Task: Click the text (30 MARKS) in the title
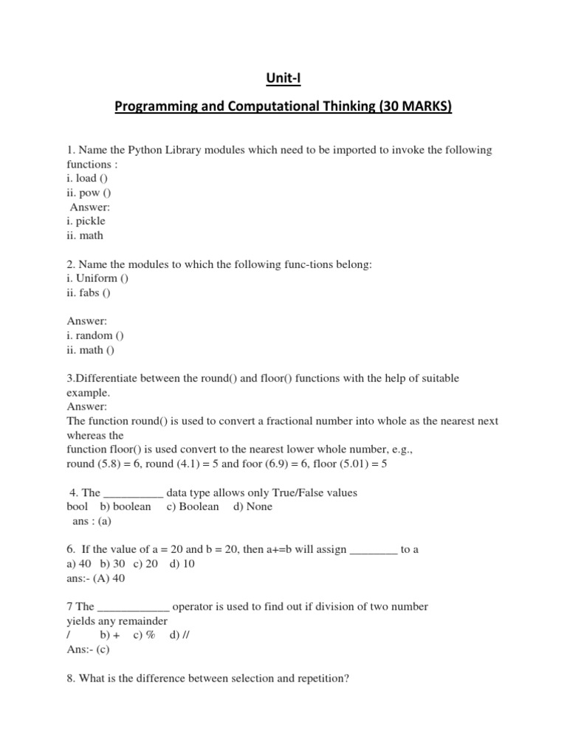(x=414, y=107)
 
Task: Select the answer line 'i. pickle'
(x=86, y=221)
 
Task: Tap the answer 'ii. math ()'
(x=91, y=349)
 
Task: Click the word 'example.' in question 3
(x=88, y=392)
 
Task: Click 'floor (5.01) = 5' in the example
(x=361, y=464)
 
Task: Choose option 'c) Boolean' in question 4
(x=193, y=506)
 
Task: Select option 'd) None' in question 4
(x=252, y=506)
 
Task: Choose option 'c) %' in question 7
(x=143, y=635)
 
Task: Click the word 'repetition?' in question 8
(x=322, y=678)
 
